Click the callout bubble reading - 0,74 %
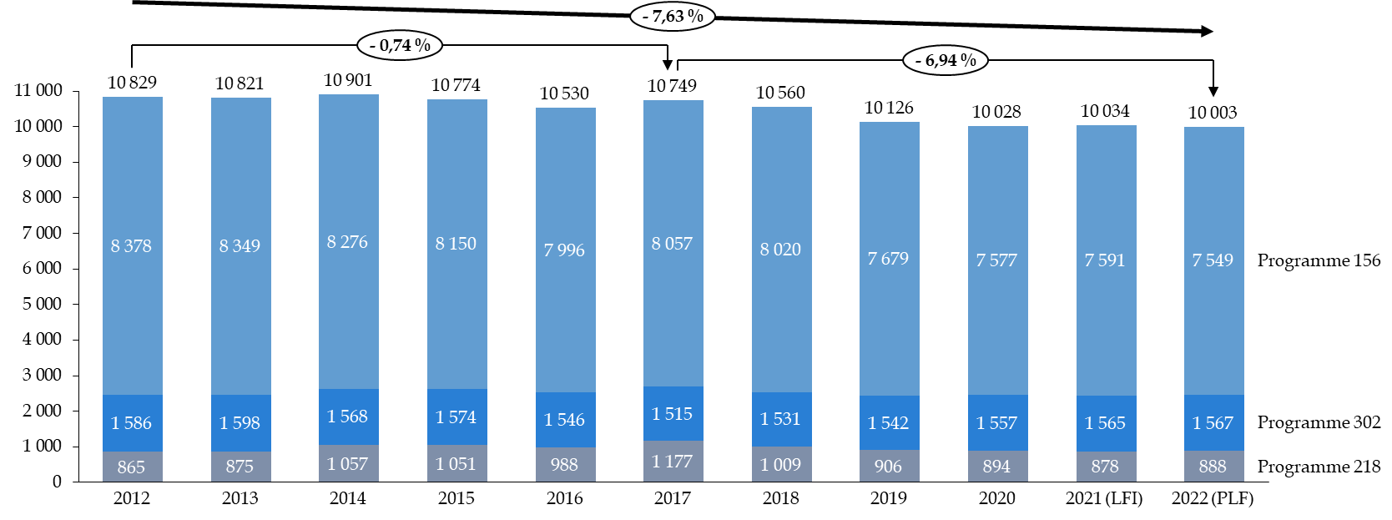click(x=400, y=45)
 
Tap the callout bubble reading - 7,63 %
click(x=673, y=16)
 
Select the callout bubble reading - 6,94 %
click(x=946, y=60)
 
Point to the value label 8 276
click(x=347, y=242)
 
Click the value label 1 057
click(x=347, y=464)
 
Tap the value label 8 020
click(x=780, y=250)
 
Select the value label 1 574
click(x=456, y=417)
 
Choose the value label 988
click(x=564, y=464)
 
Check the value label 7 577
click(x=996, y=260)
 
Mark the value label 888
click(x=1213, y=467)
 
